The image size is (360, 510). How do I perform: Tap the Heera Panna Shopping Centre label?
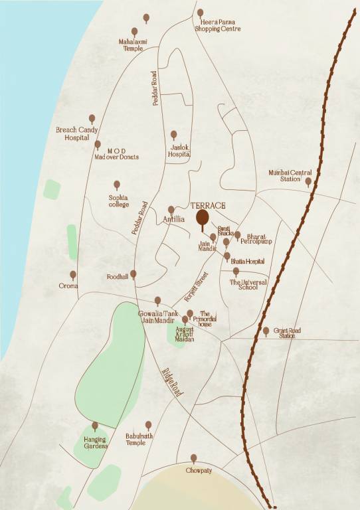[x=217, y=26]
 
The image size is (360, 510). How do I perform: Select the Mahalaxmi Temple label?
[x=132, y=44]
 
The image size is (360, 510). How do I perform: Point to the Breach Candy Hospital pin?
[x=92, y=119]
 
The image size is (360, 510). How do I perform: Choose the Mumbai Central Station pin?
[x=308, y=181]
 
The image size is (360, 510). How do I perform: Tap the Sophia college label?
[x=118, y=201]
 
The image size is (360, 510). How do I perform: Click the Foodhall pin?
[x=133, y=274]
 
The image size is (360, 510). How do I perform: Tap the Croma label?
[x=68, y=286]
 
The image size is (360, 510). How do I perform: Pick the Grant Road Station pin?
[x=266, y=330]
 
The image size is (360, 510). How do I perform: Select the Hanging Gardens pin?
[x=95, y=425]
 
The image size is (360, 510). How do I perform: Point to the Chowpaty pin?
[x=194, y=458]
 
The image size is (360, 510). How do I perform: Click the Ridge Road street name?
[x=171, y=383]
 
